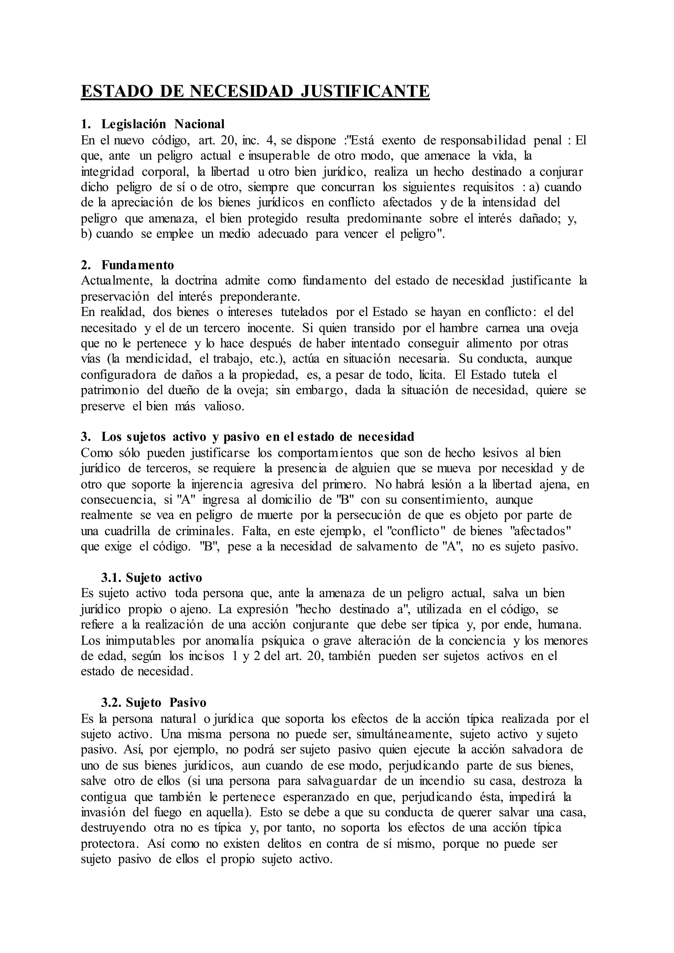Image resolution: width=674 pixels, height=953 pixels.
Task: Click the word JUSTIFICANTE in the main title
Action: pyautogui.click(x=365, y=90)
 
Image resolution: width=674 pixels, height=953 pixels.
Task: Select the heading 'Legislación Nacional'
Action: pyautogui.click(x=163, y=124)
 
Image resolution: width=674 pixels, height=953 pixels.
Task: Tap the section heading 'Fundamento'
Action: pyautogui.click(x=138, y=265)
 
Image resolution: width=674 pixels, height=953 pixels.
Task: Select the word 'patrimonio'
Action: pyautogui.click(x=110, y=391)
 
